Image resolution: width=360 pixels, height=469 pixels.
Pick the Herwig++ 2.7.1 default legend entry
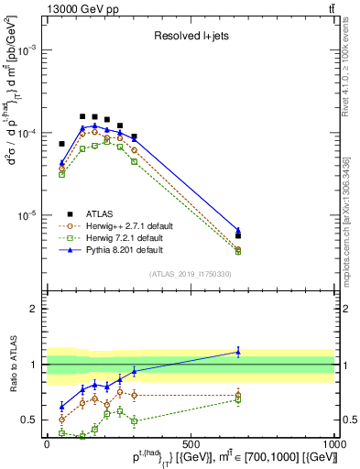click(125, 225)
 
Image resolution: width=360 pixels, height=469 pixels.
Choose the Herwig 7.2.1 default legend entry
click(124, 237)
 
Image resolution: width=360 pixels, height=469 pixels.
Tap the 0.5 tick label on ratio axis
click(30, 420)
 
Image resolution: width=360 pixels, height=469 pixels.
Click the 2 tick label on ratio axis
click(35, 309)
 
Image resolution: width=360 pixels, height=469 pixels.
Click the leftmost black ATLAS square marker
click(62, 144)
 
